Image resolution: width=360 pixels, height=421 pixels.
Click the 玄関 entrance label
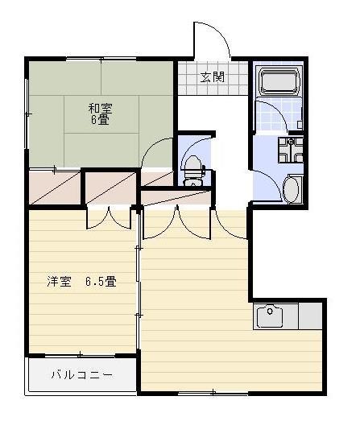coord(213,78)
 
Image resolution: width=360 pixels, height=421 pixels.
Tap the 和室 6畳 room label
coord(100,113)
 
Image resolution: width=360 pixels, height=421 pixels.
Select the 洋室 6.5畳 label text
coord(81,282)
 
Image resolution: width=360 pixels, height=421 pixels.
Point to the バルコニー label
coord(81,374)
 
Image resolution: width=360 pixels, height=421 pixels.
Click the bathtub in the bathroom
coord(279,81)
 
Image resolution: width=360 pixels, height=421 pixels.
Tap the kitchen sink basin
coord(270,316)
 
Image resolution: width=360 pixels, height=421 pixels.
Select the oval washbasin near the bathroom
coord(292,190)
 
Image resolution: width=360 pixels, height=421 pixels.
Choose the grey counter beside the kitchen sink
coord(311,316)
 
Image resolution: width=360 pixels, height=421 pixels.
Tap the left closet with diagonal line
coord(55,188)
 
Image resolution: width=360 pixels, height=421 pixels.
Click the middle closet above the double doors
coord(111,189)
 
